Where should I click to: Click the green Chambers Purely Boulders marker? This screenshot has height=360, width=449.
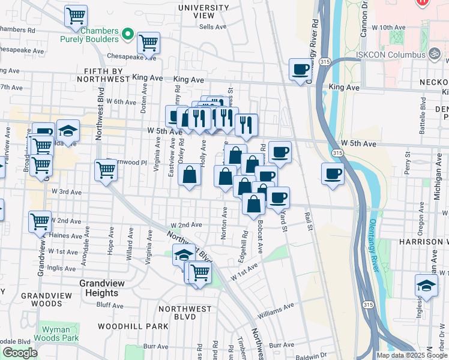pyautogui.click(x=127, y=35)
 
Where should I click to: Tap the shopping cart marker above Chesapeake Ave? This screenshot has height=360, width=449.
pyautogui.click(x=148, y=43)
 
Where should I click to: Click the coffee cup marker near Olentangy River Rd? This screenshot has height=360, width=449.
pyautogui.click(x=300, y=69)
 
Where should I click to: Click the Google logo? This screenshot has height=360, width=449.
pyautogui.click(x=20, y=353)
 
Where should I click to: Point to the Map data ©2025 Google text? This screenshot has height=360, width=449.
pyautogui.click(x=412, y=355)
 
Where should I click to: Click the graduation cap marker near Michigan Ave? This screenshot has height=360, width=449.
pyautogui.click(x=426, y=286)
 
